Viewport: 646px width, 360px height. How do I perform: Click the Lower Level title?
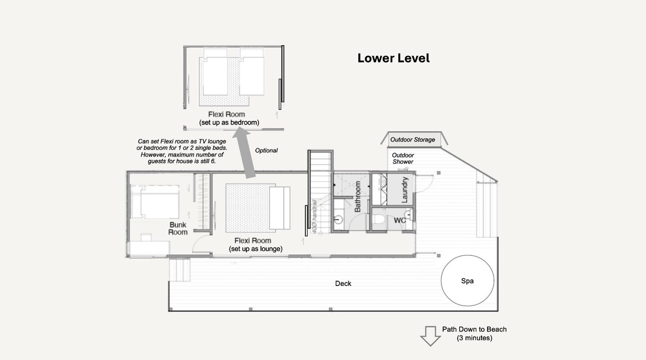(x=393, y=58)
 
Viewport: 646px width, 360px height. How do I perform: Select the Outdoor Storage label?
(x=412, y=140)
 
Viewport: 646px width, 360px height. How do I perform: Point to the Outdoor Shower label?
(x=403, y=158)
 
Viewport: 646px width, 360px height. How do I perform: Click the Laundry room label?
(x=404, y=190)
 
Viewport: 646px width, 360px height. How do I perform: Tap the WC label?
(x=400, y=220)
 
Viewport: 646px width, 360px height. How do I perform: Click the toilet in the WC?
(x=378, y=220)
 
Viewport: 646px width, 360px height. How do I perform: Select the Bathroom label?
(x=357, y=196)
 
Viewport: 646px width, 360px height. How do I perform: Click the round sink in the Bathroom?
(x=338, y=220)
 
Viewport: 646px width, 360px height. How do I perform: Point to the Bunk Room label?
(x=178, y=228)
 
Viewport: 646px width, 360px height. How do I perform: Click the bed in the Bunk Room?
(x=155, y=202)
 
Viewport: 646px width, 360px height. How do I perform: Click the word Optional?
(x=266, y=151)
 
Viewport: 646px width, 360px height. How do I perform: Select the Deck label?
(x=343, y=284)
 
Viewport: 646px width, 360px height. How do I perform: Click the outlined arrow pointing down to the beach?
(x=430, y=336)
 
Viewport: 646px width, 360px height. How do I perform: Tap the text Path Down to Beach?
(x=474, y=329)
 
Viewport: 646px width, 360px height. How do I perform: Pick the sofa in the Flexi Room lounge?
(x=280, y=208)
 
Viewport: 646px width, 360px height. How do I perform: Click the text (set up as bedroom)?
(x=229, y=123)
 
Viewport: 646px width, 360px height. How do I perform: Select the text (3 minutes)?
(x=474, y=338)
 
